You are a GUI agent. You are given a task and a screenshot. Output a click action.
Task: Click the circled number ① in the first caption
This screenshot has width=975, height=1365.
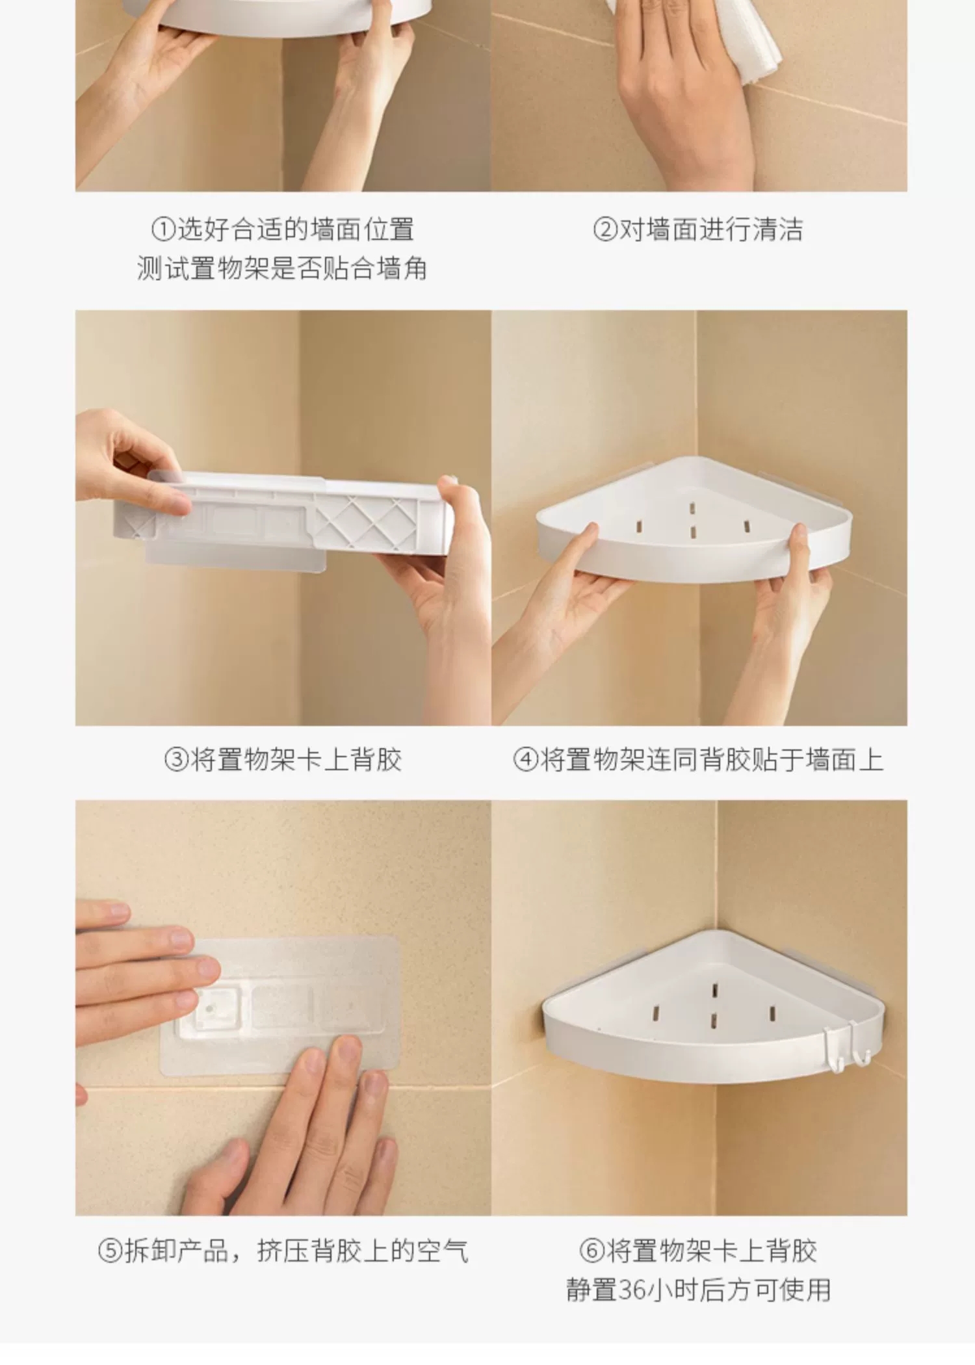(164, 229)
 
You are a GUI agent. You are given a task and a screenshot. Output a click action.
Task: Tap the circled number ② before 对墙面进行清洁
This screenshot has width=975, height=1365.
(605, 229)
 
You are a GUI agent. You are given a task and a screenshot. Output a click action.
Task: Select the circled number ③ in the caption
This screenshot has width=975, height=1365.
(176, 759)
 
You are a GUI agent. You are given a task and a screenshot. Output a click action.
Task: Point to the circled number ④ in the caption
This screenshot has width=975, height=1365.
(526, 759)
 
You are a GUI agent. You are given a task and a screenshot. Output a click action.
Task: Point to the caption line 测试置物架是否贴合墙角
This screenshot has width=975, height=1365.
(282, 268)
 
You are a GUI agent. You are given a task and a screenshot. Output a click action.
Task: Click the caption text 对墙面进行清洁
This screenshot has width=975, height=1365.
(710, 229)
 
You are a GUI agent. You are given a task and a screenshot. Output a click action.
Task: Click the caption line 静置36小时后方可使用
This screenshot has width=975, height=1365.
(698, 1290)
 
